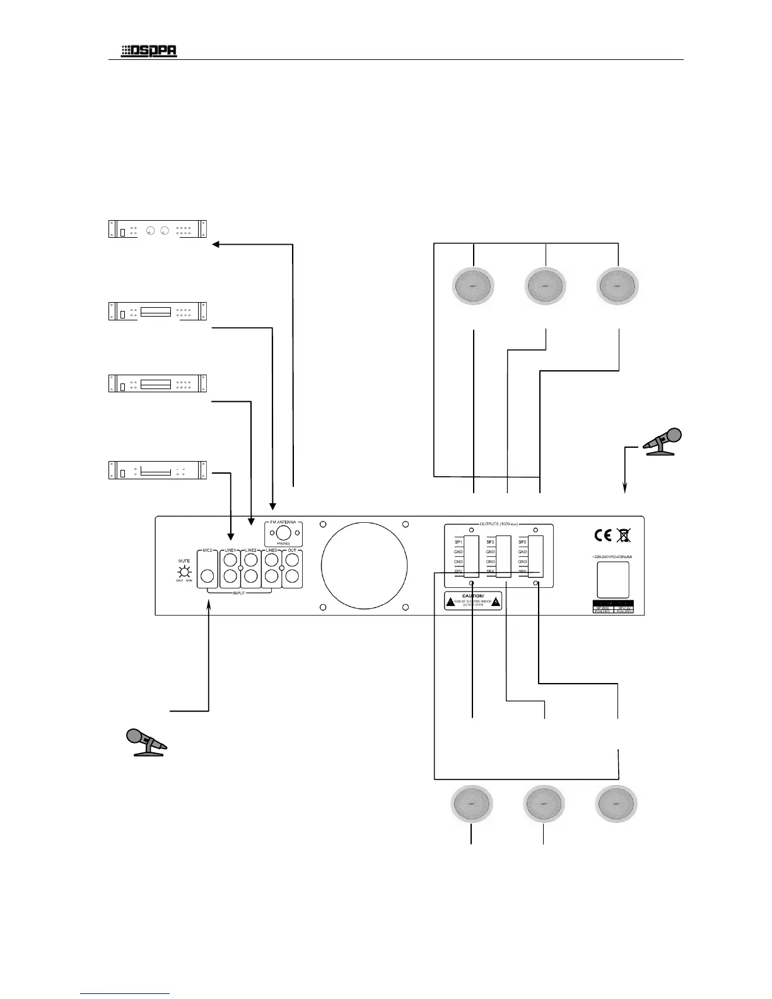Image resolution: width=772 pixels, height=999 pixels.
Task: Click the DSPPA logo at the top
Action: tap(149, 51)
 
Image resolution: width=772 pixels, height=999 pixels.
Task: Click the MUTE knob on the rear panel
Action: tap(184, 572)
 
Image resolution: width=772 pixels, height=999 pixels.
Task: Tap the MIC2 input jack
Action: tap(207, 575)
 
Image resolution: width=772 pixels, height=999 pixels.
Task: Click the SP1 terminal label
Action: tap(459, 542)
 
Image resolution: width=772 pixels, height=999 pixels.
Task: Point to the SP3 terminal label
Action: tap(490, 542)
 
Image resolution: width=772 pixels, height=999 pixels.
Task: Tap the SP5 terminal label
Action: tap(522, 542)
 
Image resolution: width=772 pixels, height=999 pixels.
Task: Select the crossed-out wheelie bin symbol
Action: tap(624, 536)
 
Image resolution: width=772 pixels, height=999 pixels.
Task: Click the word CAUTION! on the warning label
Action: tap(473, 595)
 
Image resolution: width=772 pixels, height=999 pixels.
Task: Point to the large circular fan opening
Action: tap(364, 563)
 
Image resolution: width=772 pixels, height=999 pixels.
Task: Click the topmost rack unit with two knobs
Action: tap(158, 229)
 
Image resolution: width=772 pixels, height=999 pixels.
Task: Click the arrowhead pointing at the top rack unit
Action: tap(216, 245)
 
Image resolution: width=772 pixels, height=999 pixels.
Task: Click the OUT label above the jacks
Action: tap(291, 551)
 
